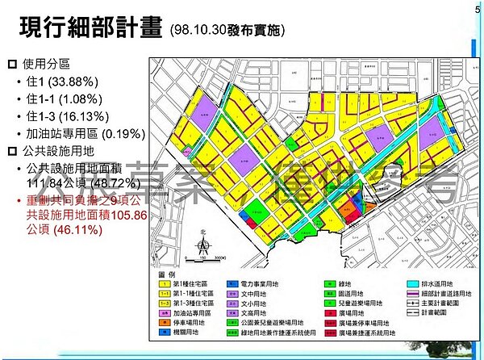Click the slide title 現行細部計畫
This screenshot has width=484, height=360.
tap(91, 29)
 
